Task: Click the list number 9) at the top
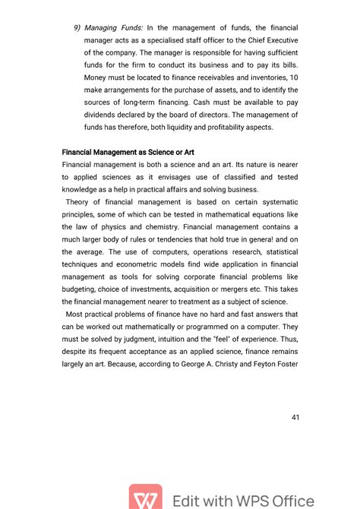pos(77,28)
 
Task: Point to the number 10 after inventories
pos(293,78)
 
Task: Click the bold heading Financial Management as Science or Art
pos(128,152)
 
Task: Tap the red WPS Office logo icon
pos(145,498)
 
